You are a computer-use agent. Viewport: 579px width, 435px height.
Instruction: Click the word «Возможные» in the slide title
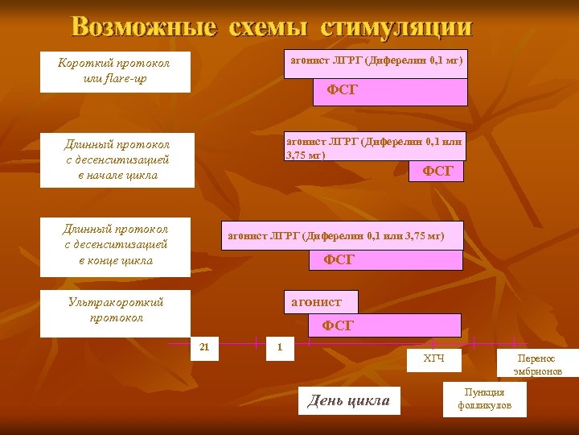(x=144, y=27)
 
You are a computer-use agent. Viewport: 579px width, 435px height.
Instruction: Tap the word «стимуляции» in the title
(x=396, y=27)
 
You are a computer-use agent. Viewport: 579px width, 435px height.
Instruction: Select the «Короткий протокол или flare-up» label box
(x=115, y=72)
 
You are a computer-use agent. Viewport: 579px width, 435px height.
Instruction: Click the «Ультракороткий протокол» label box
(x=115, y=313)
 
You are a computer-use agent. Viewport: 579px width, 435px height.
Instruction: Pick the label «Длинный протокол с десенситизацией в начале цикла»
(x=117, y=159)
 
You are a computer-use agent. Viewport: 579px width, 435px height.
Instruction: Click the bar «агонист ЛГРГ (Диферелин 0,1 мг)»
(x=376, y=62)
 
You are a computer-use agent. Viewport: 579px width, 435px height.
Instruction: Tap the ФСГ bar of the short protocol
(x=390, y=92)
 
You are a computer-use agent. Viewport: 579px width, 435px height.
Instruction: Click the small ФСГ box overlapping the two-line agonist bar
(x=437, y=171)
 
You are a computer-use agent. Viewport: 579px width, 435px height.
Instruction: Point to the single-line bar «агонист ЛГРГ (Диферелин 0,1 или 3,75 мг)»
(x=335, y=236)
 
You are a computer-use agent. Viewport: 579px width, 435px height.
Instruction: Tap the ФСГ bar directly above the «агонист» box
(x=387, y=260)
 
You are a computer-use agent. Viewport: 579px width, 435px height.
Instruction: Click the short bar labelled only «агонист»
(x=318, y=302)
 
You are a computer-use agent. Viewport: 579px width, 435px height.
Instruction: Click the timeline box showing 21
(x=204, y=348)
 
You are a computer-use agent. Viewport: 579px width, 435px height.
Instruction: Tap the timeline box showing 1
(x=280, y=348)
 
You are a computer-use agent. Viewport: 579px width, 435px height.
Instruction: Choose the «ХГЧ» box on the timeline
(x=433, y=358)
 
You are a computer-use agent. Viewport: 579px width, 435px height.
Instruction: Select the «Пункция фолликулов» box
(x=484, y=399)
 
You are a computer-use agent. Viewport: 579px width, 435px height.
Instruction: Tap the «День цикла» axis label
(x=349, y=400)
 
